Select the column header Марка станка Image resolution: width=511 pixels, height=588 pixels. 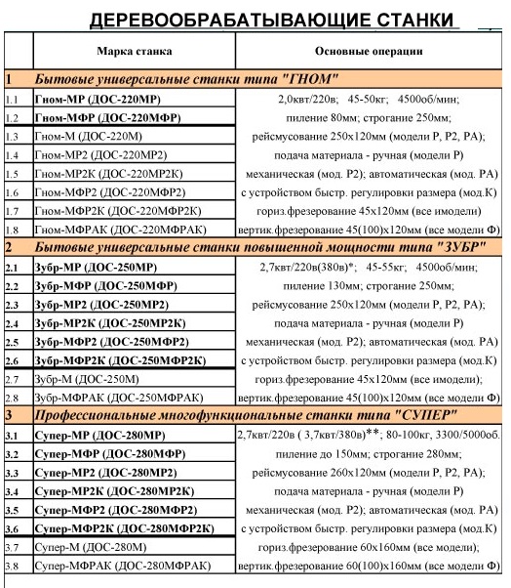(x=135, y=49)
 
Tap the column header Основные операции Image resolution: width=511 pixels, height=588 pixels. (x=369, y=49)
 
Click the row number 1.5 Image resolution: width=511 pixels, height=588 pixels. (x=13, y=175)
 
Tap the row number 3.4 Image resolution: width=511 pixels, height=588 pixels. (x=13, y=490)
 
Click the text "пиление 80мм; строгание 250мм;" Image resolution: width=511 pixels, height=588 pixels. (x=369, y=117)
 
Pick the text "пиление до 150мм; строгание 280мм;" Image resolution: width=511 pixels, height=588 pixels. (x=369, y=453)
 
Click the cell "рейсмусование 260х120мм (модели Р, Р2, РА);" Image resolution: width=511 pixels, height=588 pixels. (x=369, y=472)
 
